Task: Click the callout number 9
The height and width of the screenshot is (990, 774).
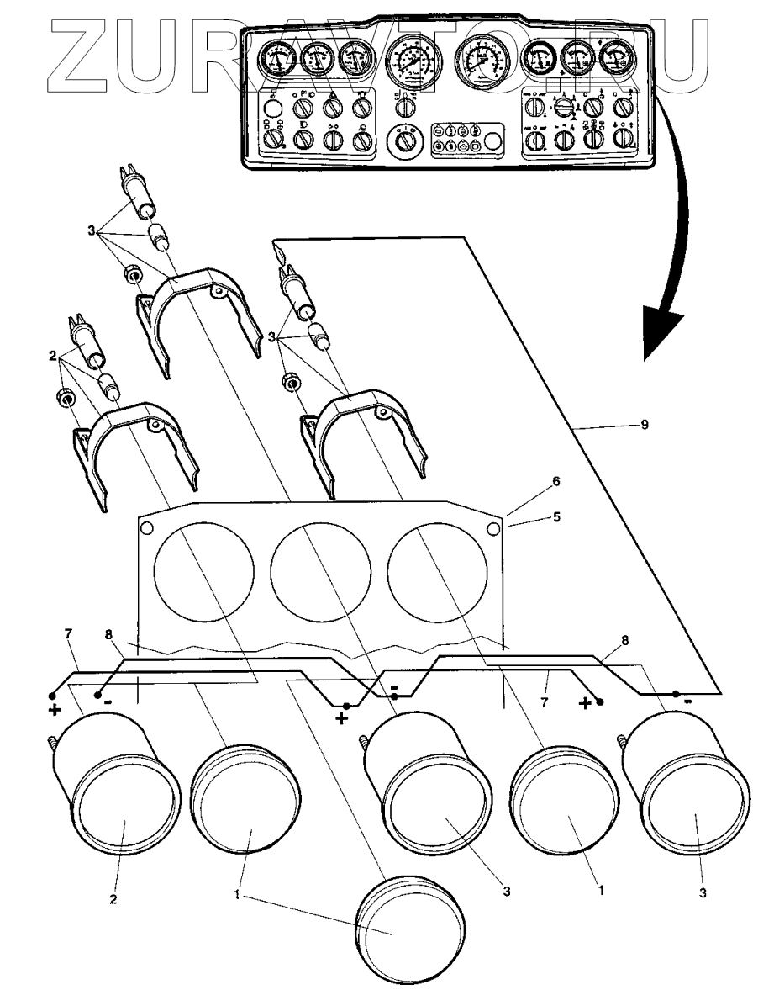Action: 645,426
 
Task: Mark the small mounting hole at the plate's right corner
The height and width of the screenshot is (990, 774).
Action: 493,527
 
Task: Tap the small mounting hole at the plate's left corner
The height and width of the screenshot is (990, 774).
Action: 146,528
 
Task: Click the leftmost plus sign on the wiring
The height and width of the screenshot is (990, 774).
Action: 56,711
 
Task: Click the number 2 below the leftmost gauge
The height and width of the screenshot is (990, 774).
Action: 113,899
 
